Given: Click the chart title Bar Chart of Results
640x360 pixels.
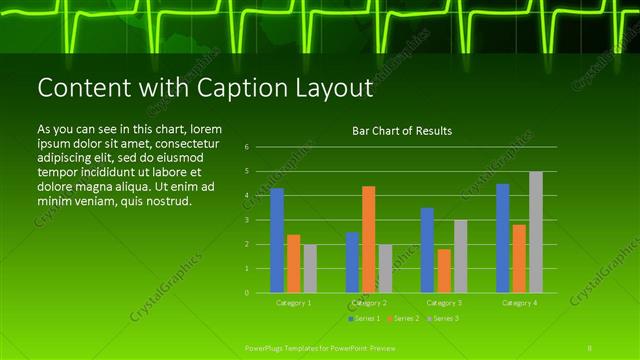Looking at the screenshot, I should tap(402, 131).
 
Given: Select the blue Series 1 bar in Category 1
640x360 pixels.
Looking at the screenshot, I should tap(277, 240).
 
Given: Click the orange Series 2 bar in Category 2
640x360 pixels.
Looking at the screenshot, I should tap(368, 239).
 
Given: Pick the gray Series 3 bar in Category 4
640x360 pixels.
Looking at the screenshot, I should tap(536, 232).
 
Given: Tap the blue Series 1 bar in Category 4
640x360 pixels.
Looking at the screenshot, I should tap(503, 238).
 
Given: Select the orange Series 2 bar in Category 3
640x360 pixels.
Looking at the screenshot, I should tap(443, 270).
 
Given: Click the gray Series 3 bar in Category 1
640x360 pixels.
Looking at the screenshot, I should tap(310, 268).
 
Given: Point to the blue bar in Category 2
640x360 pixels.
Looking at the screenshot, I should tap(352, 262).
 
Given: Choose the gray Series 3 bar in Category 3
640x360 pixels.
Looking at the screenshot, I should tap(460, 256).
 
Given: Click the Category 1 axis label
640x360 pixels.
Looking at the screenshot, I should tap(293, 302).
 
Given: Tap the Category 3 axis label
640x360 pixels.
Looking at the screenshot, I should tap(443, 302).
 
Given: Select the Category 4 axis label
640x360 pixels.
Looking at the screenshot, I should tap(519, 302).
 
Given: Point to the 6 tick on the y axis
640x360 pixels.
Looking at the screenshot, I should tap(246, 147).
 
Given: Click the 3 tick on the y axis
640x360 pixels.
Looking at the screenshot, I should tap(246, 220).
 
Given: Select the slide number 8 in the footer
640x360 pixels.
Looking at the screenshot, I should tap(590, 347).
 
